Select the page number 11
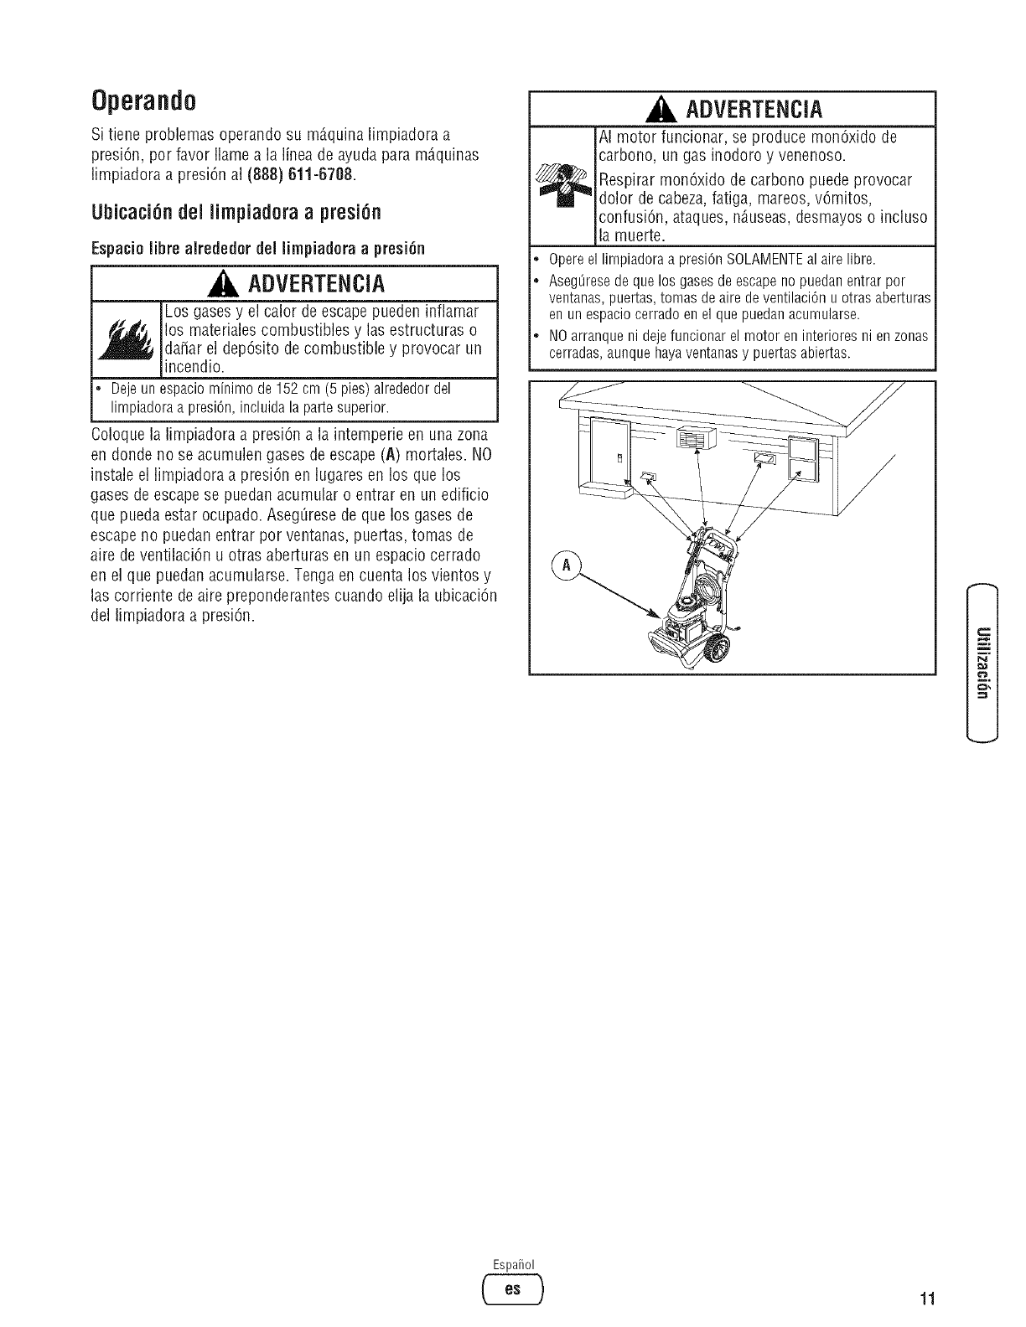tap(926, 1299)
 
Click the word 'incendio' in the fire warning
tap(194, 366)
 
